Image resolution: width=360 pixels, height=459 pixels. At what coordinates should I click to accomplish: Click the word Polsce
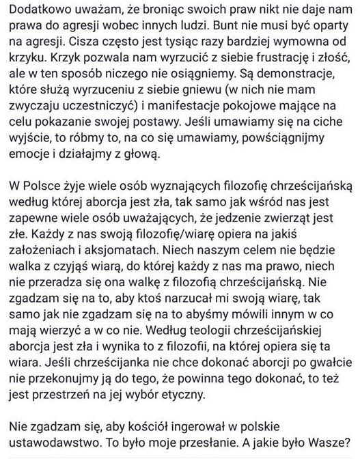click(49, 207)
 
